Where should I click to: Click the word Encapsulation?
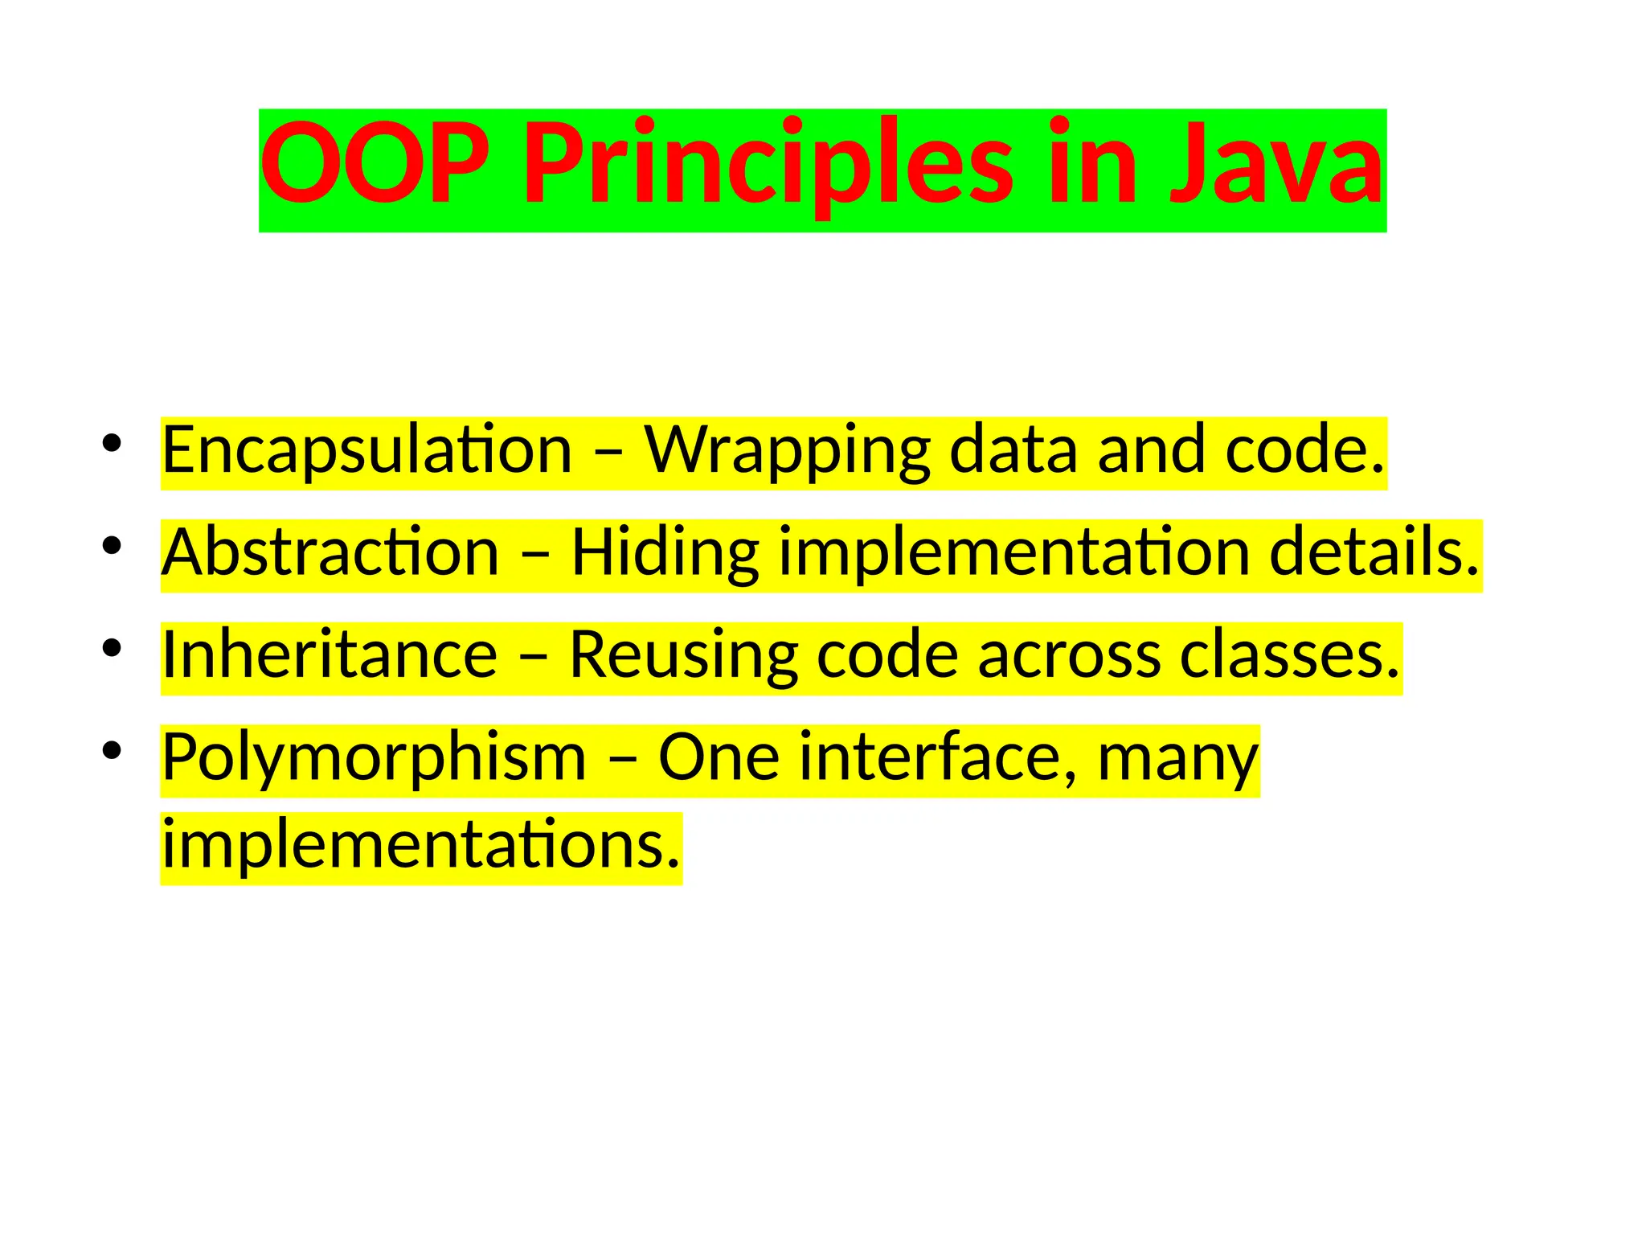366,451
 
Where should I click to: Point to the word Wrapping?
787,451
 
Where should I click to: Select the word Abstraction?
330,554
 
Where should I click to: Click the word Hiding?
665,554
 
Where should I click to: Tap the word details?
1374,554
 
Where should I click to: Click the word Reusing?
683,656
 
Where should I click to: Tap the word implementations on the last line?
421,846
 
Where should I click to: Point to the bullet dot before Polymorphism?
112,750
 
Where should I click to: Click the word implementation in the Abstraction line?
1014,554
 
